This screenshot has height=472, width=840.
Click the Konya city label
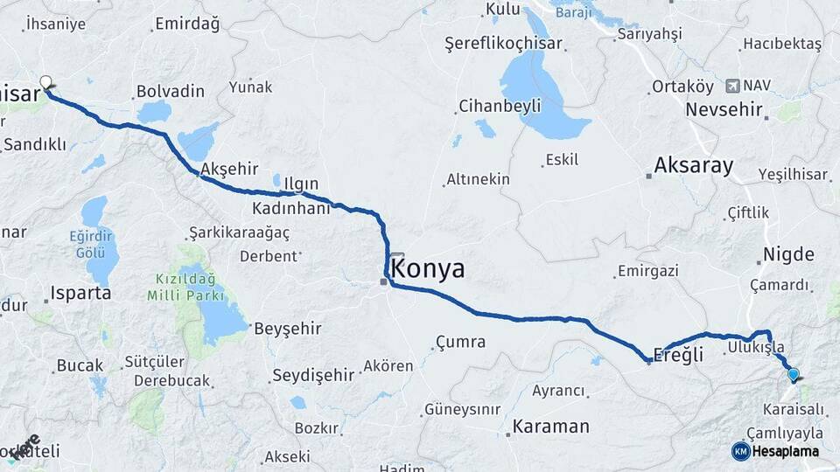428,269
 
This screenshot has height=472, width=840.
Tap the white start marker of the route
45,82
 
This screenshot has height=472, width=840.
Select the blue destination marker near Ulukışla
793,374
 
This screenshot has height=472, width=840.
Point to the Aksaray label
694,166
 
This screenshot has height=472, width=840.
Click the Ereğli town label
678,355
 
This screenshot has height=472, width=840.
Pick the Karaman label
550,427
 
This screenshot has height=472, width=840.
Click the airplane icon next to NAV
732,86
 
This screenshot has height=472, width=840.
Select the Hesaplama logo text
785,452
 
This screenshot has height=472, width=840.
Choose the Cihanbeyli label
500,106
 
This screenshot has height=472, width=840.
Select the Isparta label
80,293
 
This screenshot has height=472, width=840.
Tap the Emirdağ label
186,24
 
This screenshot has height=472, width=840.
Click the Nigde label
788,255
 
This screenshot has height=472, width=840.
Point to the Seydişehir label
313,375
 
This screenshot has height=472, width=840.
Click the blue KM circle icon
740,451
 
